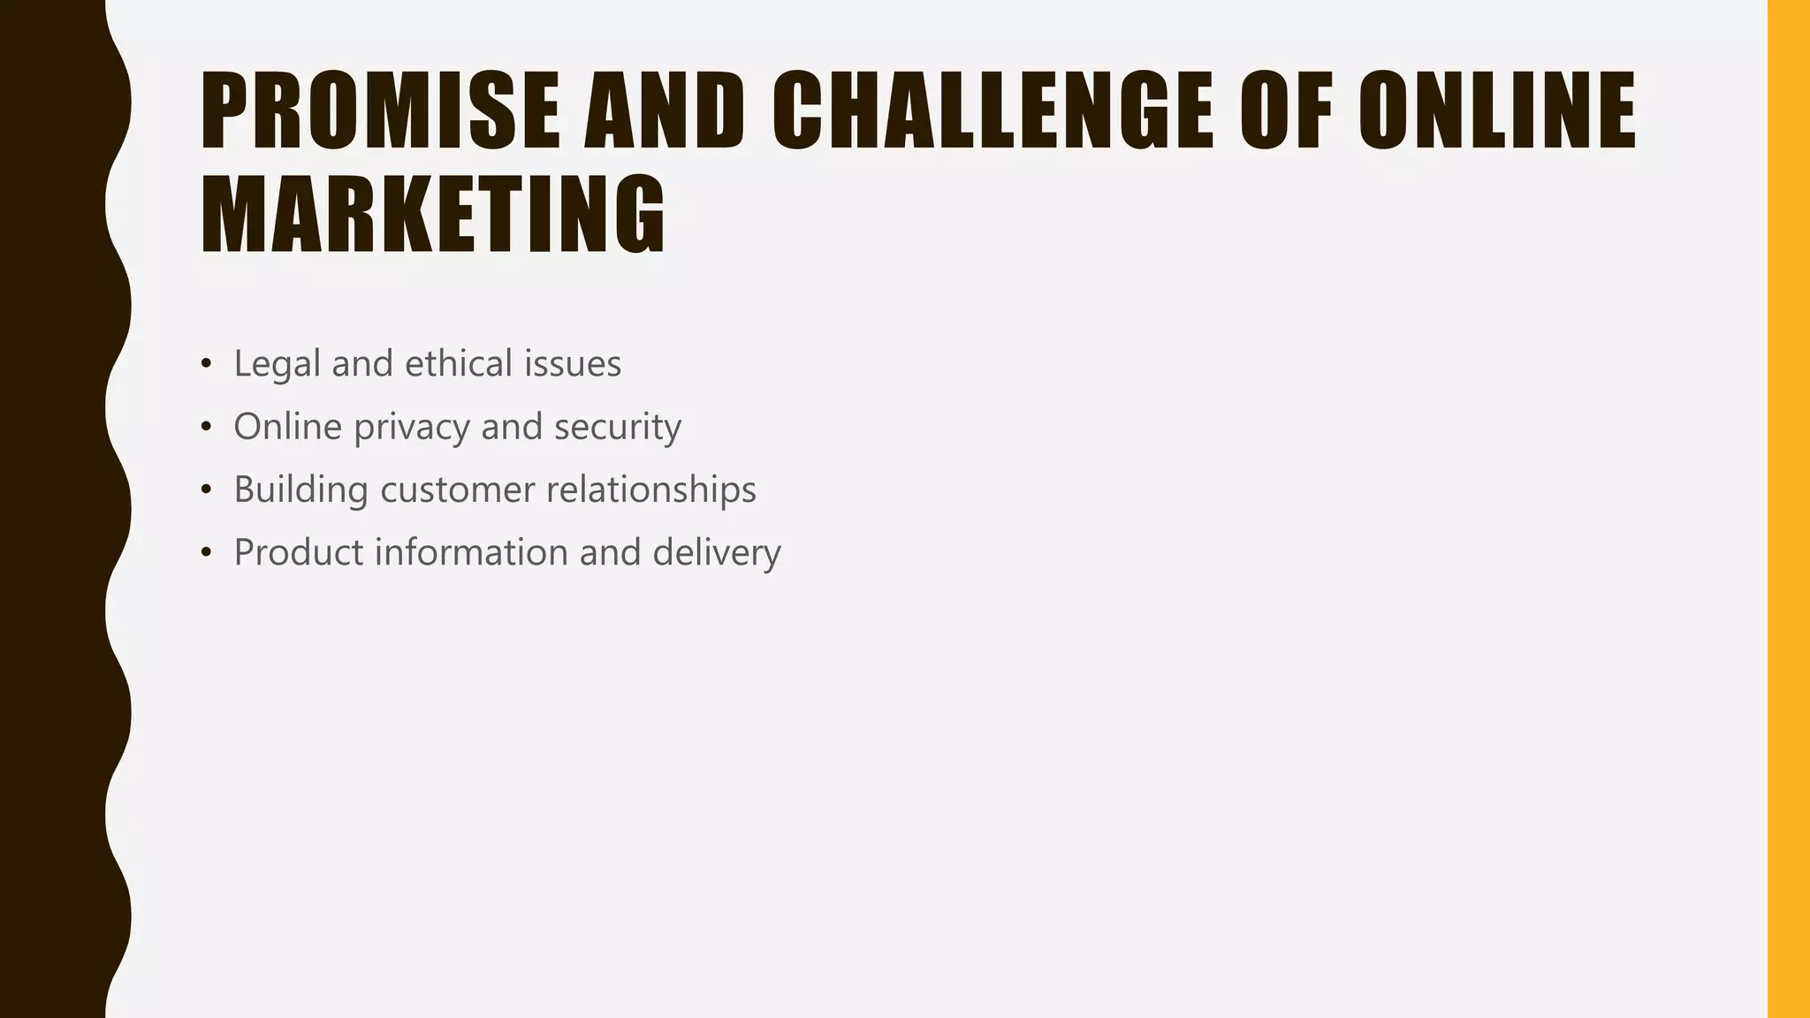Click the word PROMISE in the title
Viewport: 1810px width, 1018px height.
[x=381, y=111]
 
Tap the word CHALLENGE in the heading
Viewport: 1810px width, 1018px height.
[x=992, y=111]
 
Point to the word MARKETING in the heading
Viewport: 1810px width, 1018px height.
[x=433, y=215]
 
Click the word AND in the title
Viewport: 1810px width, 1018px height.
[x=664, y=111]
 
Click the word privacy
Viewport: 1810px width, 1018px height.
[x=412, y=428]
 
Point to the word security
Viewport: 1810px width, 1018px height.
[x=618, y=428]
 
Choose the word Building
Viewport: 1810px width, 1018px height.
[x=300, y=490]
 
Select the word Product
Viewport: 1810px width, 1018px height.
[x=298, y=552]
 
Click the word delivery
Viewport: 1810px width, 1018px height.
[x=717, y=553]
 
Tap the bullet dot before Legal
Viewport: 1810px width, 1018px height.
[x=206, y=364]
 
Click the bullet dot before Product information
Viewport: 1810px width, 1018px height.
[x=206, y=553]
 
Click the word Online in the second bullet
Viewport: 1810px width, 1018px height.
[x=287, y=427]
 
